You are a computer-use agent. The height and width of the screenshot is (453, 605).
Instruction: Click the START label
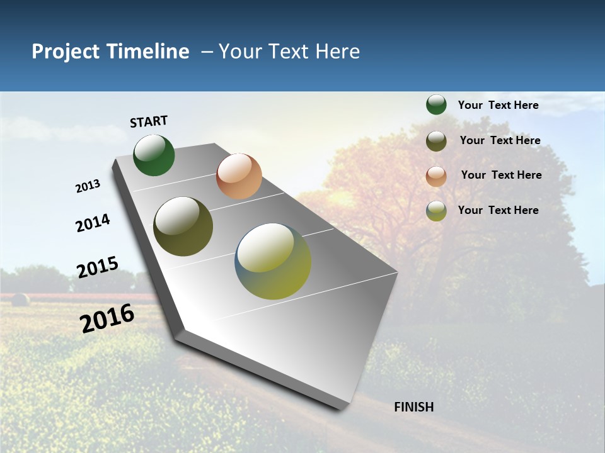[x=149, y=121]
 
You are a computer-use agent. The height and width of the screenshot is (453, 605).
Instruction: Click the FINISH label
[x=414, y=407]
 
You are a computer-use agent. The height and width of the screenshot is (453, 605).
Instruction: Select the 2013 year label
[x=88, y=186]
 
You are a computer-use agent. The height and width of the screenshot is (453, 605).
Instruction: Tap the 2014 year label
[x=93, y=223]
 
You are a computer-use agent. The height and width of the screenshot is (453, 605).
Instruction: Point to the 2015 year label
[x=98, y=267]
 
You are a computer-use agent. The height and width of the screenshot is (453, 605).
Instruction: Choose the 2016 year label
[x=107, y=318]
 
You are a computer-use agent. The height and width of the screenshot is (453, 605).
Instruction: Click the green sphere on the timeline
[x=154, y=155]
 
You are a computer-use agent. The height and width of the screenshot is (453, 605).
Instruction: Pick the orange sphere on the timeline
[x=239, y=176]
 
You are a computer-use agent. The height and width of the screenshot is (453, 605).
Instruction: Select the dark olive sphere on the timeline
[x=183, y=226]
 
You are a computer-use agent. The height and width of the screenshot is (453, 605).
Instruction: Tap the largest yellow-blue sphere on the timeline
[x=273, y=261]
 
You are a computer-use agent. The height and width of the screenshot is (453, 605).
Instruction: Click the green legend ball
[x=436, y=104]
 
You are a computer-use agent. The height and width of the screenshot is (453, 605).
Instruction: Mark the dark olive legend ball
[x=436, y=141]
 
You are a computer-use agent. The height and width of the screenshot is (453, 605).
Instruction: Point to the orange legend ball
[x=436, y=176]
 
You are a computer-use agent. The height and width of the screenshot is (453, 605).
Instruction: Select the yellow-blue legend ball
[x=436, y=211]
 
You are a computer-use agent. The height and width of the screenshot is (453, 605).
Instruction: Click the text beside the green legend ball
[x=498, y=105]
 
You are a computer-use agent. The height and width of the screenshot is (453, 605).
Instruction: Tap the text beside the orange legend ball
[x=501, y=175]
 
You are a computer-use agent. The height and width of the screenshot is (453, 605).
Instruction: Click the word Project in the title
[x=66, y=52]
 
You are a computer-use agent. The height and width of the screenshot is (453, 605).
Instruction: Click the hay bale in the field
[x=20, y=299]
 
